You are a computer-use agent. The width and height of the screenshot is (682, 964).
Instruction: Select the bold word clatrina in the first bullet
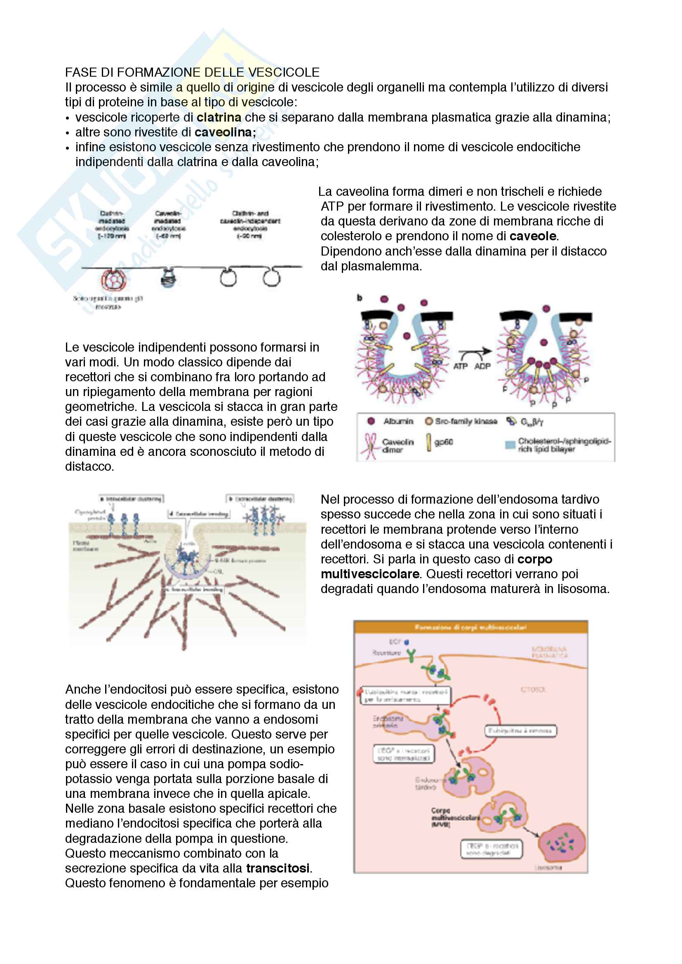pyautogui.click(x=219, y=117)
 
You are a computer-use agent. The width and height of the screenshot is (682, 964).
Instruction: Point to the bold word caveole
pyautogui.click(x=532, y=237)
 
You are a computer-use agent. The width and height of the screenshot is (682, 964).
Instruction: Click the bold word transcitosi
pyautogui.click(x=278, y=868)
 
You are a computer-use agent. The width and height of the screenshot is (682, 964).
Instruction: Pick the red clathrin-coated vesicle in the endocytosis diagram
pyautogui.click(x=112, y=279)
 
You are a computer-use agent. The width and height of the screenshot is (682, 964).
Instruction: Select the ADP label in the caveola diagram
pyautogui.click(x=482, y=366)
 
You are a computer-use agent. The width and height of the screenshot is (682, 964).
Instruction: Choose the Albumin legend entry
pyautogui.click(x=397, y=421)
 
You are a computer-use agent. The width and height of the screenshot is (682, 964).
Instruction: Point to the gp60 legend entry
pyautogui.click(x=442, y=442)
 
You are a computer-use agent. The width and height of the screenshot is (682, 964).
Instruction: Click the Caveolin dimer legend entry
pyautogui.click(x=397, y=446)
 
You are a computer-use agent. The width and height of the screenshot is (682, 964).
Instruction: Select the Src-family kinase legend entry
pyautogui.click(x=465, y=421)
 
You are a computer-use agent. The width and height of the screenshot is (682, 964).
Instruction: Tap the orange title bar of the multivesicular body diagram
pyautogui.click(x=470, y=627)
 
